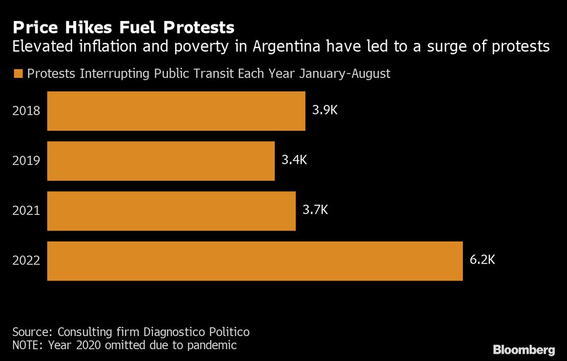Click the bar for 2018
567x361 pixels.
[176, 111]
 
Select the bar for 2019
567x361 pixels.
[160, 161]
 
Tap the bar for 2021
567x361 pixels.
[171, 211]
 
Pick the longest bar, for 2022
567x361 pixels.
[255, 261]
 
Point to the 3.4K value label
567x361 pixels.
[294, 160]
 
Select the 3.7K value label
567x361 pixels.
[315, 210]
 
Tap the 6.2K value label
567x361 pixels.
[483, 260]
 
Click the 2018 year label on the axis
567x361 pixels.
[26, 111]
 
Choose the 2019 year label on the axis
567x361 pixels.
[26, 161]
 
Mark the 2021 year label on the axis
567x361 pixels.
[26, 211]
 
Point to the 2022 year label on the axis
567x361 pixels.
[26, 261]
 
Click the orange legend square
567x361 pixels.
[18, 74]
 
